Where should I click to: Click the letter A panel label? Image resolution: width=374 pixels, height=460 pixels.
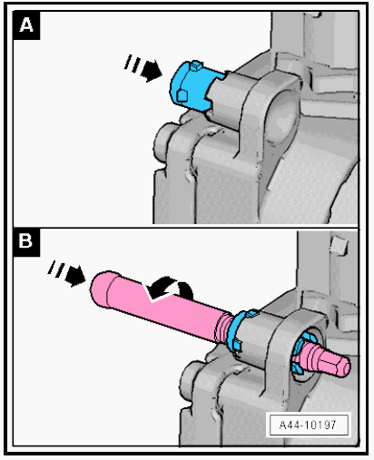(26, 25)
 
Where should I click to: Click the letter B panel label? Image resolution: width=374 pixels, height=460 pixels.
(26, 242)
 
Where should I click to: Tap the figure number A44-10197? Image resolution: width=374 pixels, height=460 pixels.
(308, 425)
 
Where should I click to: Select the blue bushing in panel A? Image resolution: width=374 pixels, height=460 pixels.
(195, 86)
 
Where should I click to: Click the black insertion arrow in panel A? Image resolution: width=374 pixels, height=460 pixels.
(151, 71)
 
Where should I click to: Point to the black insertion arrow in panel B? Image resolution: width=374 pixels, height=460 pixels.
(75, 275)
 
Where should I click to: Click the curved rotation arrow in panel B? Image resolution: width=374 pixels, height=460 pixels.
(170, 289)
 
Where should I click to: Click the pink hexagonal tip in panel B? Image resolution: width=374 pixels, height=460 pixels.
(334, 364)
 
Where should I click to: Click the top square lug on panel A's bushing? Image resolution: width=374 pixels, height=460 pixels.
(196, 65)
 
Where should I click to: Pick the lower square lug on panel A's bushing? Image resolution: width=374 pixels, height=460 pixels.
(182, 95)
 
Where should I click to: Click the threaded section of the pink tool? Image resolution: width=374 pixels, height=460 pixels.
(223, 328)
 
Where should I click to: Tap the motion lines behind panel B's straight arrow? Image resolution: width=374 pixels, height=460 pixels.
(56, 269)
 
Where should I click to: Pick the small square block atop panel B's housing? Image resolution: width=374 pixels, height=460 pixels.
(338, 245)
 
